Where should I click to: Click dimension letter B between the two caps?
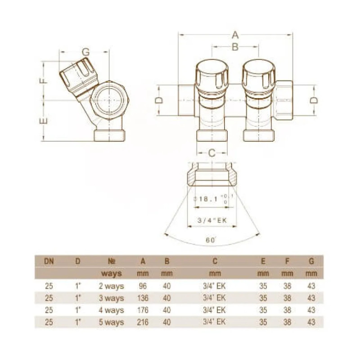pyautogui.click(x=234, y=47)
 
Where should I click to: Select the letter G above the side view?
pyautogui.click(x=85, y=52)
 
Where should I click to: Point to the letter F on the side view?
pyautogui.click(x=43, y=81)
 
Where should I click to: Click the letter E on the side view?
pyautogui.click(x=43, y=121)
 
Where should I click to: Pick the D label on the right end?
pyautogui.click(x=315, y=100)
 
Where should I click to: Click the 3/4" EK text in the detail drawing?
pyautogui.click(x=212, y=220)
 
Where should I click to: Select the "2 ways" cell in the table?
pyautogui.click(x=111, y=286)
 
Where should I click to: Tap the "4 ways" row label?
pyautogui.click(x=111, y=310)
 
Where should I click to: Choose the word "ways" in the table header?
pyautogui.click(x=111, y=273)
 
